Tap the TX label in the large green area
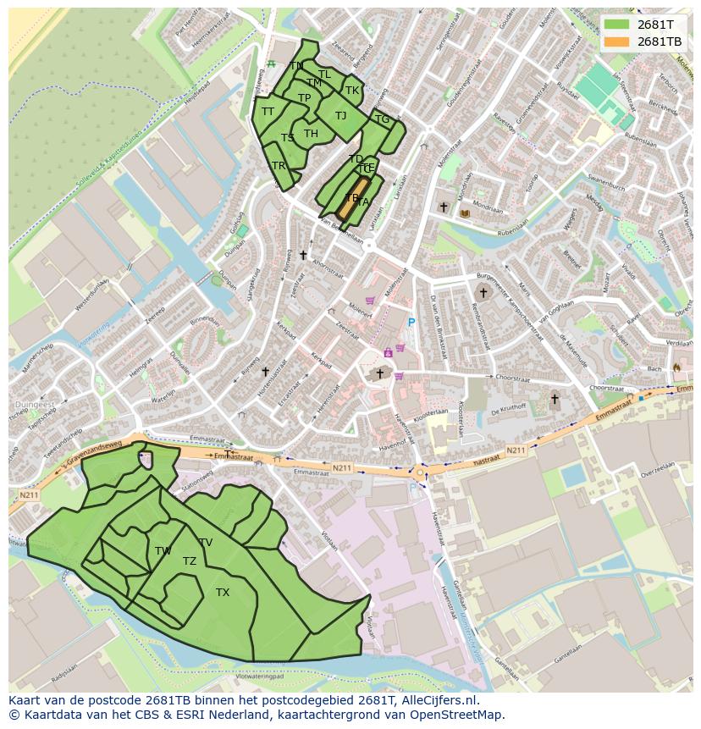point(223,593)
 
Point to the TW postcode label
point(163,551)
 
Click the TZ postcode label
point(190,561)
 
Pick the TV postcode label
point(206,543)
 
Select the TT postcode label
point(268,112)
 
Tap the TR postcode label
point(279,166)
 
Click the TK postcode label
point(352,91)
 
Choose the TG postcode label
point(382,119)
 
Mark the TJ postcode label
point(340,116)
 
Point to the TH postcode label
point(311,134)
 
